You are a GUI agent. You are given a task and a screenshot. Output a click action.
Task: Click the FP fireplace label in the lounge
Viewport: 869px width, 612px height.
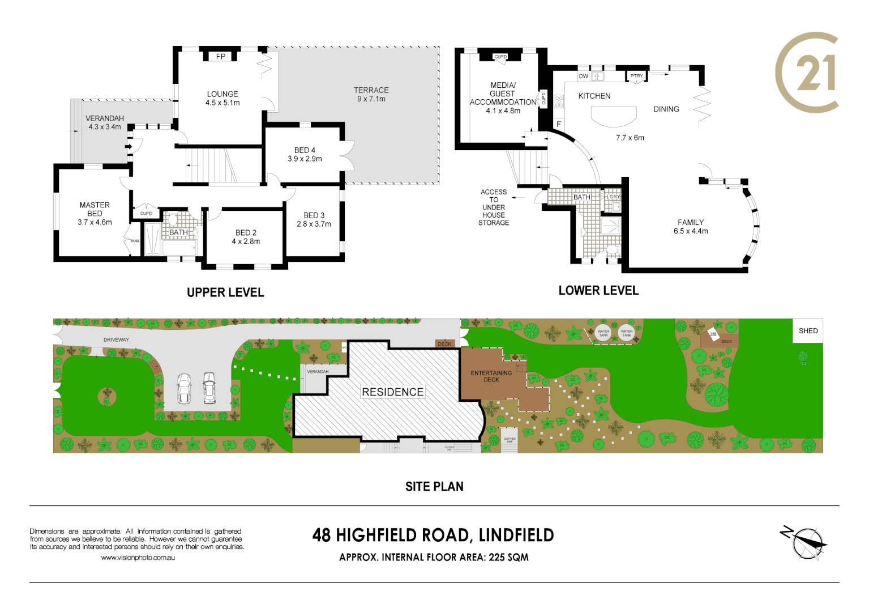(x=221, y=57)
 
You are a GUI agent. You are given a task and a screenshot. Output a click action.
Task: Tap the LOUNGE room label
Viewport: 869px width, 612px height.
(x=222, y=94)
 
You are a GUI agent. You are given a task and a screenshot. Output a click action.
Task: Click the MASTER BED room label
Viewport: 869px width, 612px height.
(x=95, y=209)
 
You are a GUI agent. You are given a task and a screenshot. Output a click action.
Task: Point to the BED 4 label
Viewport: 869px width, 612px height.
(x=305, y=150)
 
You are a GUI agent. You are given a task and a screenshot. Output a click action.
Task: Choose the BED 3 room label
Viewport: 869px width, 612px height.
(x=314, y=215)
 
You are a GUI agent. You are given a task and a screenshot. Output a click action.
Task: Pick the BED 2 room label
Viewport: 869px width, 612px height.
(x=246, y=233)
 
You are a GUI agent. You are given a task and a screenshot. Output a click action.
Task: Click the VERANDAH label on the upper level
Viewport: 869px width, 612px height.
(x=105, y=118)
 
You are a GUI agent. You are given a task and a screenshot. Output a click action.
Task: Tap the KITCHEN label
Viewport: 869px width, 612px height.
(x=594, y=96)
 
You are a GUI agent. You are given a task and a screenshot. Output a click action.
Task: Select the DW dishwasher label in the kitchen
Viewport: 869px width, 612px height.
(x=583, y=76)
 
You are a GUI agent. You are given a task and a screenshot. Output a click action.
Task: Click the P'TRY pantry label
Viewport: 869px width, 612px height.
(x=637, y=76)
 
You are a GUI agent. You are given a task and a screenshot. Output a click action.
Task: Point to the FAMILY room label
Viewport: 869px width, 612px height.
(x=691, y=223)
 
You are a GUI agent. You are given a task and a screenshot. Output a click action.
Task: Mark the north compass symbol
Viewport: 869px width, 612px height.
(x=806, y=543)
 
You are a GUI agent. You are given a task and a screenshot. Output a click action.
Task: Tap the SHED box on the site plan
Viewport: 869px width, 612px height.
(x=808, y=331)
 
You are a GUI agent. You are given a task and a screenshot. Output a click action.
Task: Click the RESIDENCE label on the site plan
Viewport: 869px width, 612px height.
(x=392, y=392)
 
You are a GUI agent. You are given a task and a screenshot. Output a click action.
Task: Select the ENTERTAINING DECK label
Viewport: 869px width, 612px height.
(x=491, y=376)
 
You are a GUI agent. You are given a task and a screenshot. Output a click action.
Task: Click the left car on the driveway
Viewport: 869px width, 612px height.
(x=183, y=388)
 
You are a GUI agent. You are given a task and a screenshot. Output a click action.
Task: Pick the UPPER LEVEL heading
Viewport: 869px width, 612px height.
(x=225, y=292)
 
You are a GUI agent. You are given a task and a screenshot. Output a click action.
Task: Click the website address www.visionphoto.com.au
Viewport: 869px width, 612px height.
(x=138, y=558)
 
